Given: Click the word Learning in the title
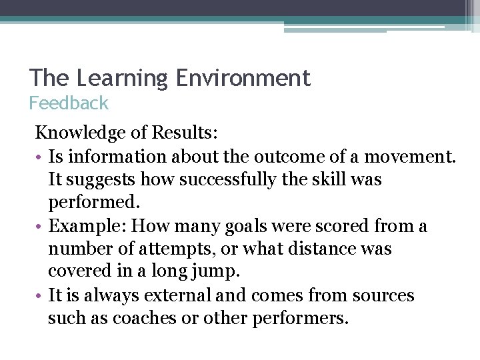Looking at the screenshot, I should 123,79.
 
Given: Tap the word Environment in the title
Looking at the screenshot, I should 243,78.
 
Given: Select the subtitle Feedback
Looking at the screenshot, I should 68,103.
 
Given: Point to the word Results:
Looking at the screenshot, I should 184,133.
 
